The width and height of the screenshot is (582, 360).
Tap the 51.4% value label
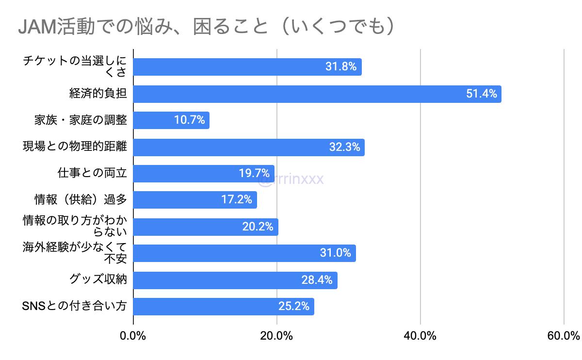point(482,94)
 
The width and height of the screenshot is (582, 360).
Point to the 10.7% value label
point(190,120)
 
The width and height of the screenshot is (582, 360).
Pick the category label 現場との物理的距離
point(75,147)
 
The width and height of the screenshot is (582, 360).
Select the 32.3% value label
point(344,147)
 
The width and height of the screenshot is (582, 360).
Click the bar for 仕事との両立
point(204,173)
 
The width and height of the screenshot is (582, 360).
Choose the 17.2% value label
point(237,200)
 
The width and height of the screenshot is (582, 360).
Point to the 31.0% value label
point(336,253)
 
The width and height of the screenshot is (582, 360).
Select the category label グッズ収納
point(98,279)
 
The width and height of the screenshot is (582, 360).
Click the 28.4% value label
point(317,280)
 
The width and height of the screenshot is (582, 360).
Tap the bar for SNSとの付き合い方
point(224,307)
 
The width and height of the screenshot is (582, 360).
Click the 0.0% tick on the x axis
point(133,336)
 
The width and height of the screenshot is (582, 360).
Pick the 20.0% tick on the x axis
point(276,336)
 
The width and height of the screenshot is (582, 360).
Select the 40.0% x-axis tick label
point(420,336)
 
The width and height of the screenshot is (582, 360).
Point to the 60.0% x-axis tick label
point(564,336)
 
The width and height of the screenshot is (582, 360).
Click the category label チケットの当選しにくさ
point(75,66)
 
